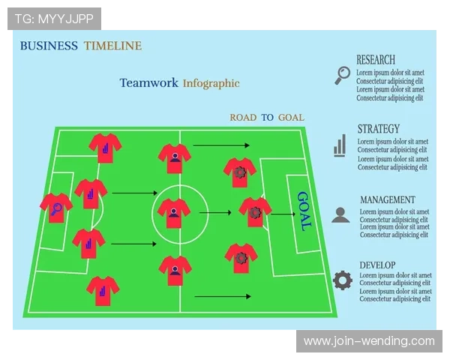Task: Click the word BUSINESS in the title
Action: (49, 46)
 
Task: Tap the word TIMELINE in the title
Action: (112, 46)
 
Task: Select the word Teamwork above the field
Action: (148, 82)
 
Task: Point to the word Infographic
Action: (211, 83)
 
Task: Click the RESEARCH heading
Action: (376, 60)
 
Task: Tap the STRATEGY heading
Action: (379, 129)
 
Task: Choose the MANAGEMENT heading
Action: (388, 199)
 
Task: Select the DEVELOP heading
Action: (377, 265)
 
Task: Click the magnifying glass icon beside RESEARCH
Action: (343, 75)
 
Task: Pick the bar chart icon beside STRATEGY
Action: (340, 145)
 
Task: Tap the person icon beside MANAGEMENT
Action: (340, 215)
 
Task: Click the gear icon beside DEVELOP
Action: (343, 280)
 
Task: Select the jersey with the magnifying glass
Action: (56, 208)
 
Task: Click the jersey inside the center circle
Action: (174, 213)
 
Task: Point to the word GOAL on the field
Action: (304, 211)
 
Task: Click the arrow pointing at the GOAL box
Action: (283, 214)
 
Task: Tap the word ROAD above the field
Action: (243, 118)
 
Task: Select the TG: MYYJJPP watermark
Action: (54, 19)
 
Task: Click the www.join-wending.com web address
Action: (369, 341)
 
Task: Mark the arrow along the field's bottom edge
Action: (223, 296)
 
